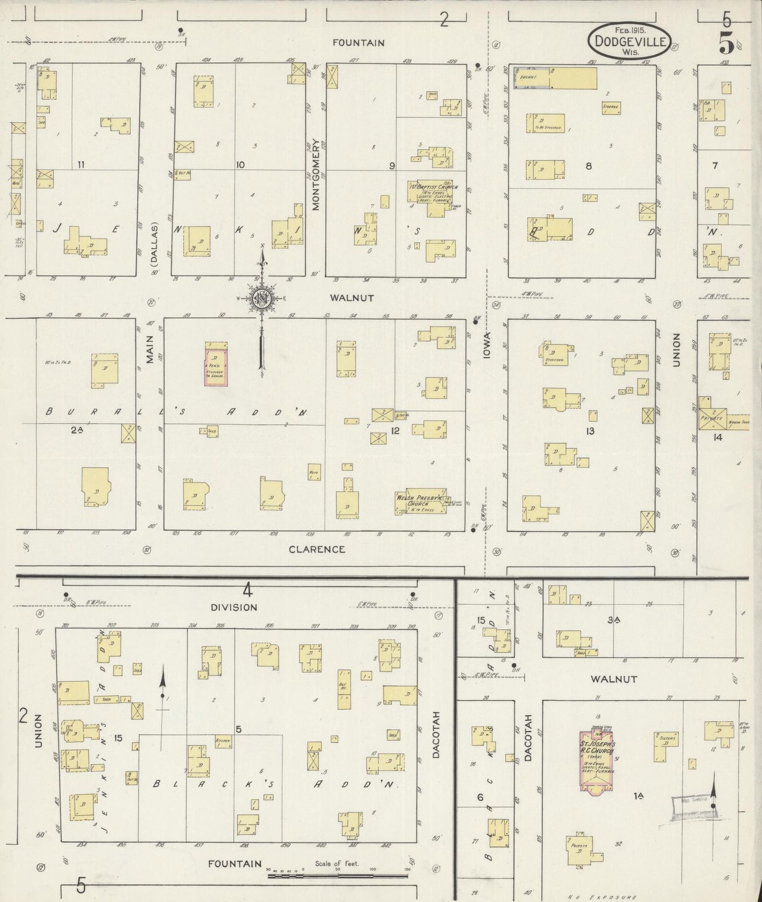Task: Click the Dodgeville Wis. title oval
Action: [x=630, y=40]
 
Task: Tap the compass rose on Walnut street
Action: [x=262, y=299]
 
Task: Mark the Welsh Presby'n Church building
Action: [x=421, y=502]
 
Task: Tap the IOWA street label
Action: [x=487, y=346]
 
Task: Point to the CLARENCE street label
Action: [x=316, y=549]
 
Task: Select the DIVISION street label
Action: [x=234, y=607]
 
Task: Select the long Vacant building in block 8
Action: [x=556, y=78]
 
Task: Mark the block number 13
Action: [x=590, y=432]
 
